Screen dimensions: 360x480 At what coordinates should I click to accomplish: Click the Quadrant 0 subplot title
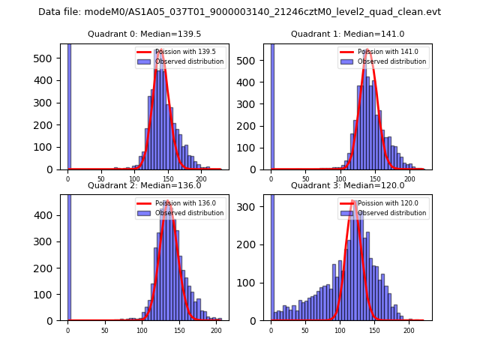[144, 34]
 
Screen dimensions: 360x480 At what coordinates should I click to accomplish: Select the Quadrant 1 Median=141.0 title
[347, 34]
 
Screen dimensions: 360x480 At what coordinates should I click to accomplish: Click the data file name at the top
[239, 12]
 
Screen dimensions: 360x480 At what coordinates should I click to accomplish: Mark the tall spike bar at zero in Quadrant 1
[271, 105]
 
